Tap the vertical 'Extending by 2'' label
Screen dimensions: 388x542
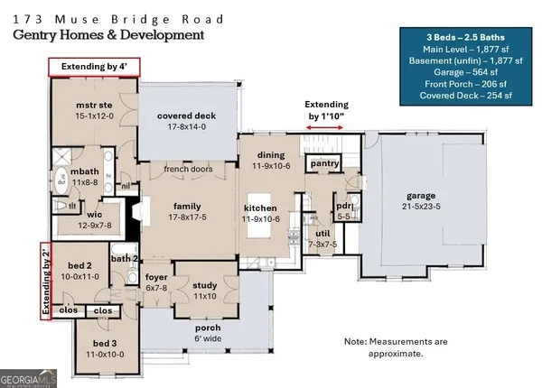42,281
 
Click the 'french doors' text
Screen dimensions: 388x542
187,169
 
